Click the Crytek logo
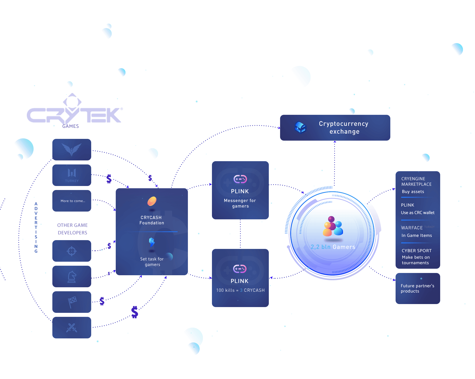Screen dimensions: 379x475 click(x=75, y=112)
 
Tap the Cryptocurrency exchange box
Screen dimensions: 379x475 click(x=335, y=128)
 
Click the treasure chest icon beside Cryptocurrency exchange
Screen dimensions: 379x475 click(x=300, y=127)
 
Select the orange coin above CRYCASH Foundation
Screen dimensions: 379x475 click(x=152, y=201)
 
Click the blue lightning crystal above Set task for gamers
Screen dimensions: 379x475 click(x=152, y=242)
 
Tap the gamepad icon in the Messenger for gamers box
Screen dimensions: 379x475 click(x=240, y=179)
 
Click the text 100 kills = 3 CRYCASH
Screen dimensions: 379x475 click(x=240, y=290)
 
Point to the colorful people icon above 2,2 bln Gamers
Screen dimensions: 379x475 click(x=332, y=227)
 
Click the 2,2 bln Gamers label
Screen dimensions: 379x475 click(x=333, y=247)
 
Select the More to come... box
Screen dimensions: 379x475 click(x=72, y=201)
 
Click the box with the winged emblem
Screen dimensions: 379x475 click(x=72, y=150)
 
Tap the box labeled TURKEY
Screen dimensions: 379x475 click(x=72, y=175)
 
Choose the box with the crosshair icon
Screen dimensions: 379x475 click(x=72, y=251)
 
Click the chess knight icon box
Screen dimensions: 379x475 click(x=72, y=276)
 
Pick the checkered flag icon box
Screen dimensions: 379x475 click(x=72, y=302)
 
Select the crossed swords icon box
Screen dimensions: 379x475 click(x=72, y=328)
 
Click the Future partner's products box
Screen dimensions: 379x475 click(x=418, y=289)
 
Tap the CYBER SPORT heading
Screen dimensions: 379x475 click(x=416, y=251)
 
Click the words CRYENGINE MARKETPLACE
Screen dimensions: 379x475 click(x=416, y=181)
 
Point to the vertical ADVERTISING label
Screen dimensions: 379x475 click(x=36, y=228)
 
